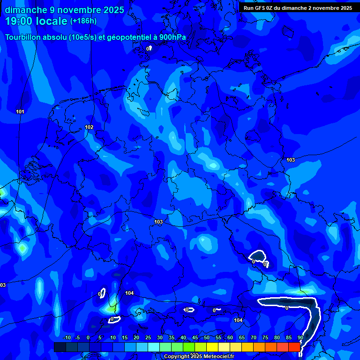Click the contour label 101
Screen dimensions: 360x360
20,112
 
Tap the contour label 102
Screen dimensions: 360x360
89,127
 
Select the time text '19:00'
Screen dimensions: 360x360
21,21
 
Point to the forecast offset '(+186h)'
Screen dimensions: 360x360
83,21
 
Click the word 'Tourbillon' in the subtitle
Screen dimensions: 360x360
24,37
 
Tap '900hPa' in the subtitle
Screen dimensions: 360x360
172,37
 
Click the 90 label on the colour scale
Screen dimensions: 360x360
300,337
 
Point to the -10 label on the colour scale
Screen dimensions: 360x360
67,337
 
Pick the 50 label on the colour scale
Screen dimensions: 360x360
207,337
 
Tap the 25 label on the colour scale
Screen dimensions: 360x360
148,337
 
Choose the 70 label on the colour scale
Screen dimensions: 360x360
254,337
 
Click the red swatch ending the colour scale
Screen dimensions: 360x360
294,347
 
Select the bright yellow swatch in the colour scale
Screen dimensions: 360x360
212,347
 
